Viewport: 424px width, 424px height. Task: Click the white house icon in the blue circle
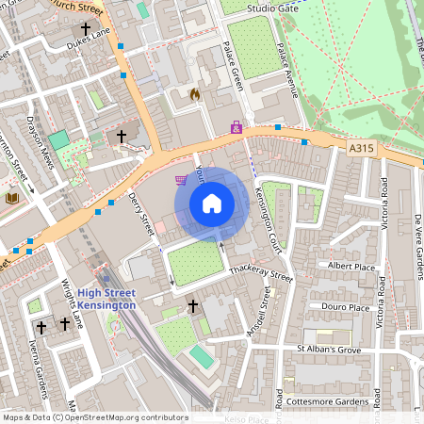click(x=212, y=204)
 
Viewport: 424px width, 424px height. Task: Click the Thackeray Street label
click(x=261, y=276)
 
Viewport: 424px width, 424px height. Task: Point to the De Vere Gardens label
click(x=417, y=247)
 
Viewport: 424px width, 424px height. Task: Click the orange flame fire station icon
click(x=194, y=94)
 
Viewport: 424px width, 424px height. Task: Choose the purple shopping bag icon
click(x=236, y=126)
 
